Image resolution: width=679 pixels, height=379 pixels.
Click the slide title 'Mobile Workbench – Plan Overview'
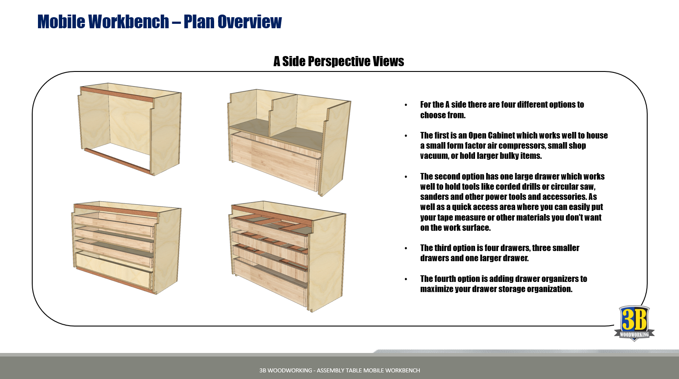point(159,22)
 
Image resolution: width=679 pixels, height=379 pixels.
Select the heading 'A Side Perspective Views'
point(339,61)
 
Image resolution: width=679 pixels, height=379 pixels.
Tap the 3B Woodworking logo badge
point(634,323)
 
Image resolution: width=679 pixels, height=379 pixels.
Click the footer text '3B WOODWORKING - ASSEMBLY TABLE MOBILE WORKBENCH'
point(339,370)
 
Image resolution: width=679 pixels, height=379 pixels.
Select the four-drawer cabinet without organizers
point(127,247)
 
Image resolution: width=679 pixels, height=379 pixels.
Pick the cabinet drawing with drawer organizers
point(287,256)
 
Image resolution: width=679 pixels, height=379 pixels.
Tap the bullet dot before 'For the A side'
point(406,105)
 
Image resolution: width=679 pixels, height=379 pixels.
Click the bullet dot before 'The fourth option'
point(406,279)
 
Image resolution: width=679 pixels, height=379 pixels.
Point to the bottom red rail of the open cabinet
point(117,159)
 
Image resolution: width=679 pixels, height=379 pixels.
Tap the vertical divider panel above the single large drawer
point(283,115)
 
